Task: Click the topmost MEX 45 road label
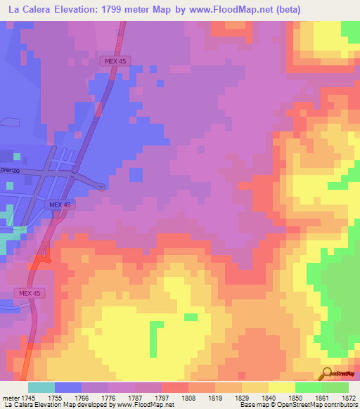[x=110, y=62]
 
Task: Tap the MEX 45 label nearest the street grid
[x=60, y=204]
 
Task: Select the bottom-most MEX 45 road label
[x=30, y=292]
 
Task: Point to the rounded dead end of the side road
[x=102, y=187]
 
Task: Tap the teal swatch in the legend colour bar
[x=41, y=387]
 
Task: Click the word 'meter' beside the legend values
[x=8, y=398]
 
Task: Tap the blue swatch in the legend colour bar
[x=68, y=387]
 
